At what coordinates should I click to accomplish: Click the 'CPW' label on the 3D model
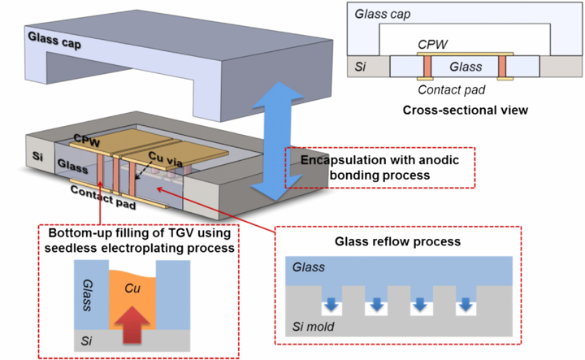(86, 138)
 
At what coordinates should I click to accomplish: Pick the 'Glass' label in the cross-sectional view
(466, 67)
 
